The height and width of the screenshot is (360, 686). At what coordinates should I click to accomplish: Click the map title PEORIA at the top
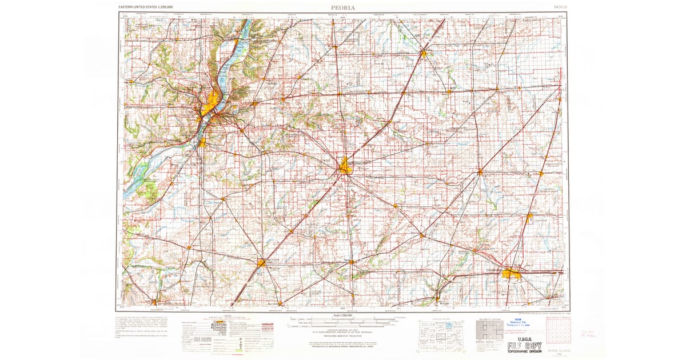click(343, 7)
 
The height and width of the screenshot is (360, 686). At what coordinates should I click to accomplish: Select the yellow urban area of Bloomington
click(345, 167)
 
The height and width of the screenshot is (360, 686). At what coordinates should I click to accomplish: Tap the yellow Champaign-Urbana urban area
click(511, 274)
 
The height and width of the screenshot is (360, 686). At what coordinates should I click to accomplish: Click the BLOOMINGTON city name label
click(360, 162)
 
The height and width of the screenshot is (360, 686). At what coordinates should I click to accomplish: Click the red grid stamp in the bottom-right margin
click(557, 330)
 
